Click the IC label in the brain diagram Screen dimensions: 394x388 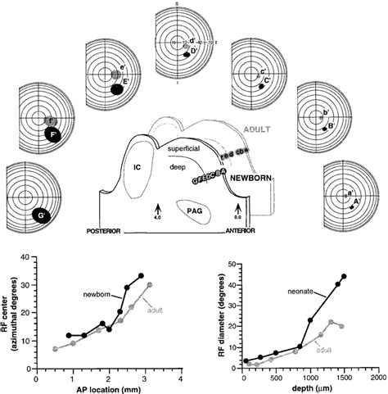click(138, 169)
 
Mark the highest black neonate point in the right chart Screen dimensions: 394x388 click(344, 276)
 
